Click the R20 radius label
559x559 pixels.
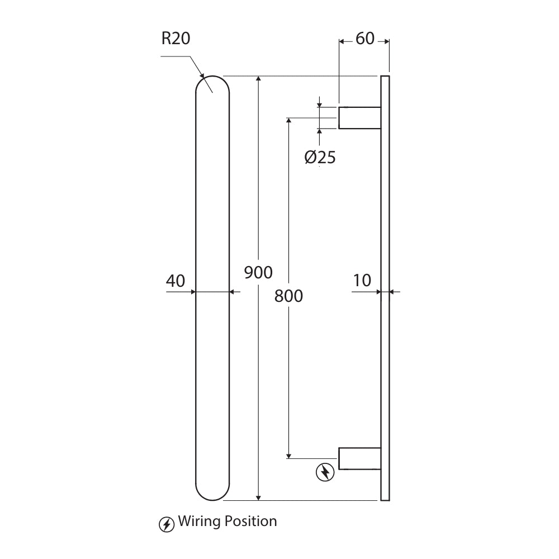tap(176, 39)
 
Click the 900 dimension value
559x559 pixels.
tap(259, 272)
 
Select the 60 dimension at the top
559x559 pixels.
tap(364, 39)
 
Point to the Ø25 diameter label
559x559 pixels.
tap(320, 158)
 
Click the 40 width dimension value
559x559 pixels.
tap(175, 281)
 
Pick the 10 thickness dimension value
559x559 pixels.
tap(362, 280)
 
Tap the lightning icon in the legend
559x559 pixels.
tap(167, 524)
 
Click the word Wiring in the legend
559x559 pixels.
tap(199, 522)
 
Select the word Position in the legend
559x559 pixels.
tap(250, 522)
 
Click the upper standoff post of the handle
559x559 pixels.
tap(359, 117)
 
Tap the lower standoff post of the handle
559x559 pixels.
tap(359, 458)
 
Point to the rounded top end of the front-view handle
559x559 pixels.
tap(212, 84)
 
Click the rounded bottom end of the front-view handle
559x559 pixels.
tap(212, 492)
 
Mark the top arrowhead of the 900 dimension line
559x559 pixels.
tap(258, 79)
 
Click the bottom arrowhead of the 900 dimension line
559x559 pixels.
tap(258, 496)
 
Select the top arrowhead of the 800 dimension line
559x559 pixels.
tap(288, 121)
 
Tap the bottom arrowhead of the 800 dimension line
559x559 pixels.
tap(288, 454)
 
